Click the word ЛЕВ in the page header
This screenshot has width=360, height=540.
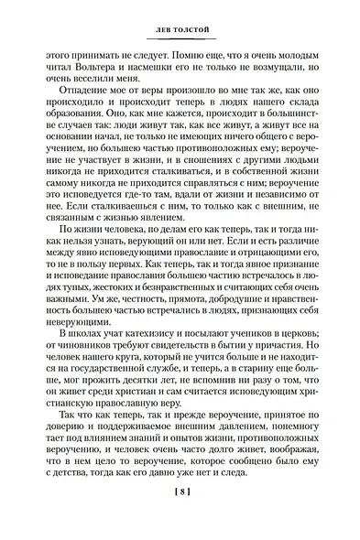pyautogui.click(x=158, y=34)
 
